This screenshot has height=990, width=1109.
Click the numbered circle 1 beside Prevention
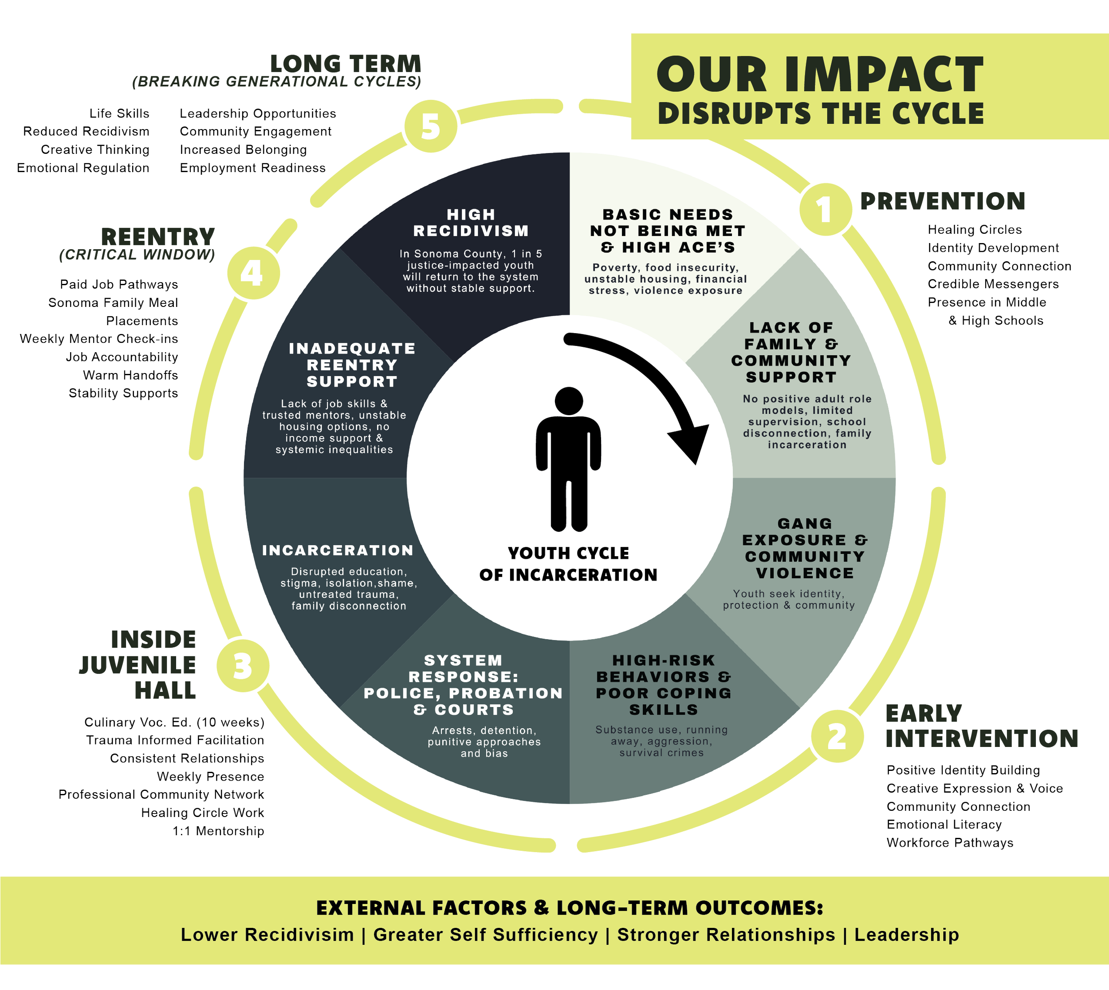[x=825, y=209]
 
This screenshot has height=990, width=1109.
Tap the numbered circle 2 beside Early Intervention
[x=837, y=737]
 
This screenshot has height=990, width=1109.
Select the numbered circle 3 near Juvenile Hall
[x=243, y=666]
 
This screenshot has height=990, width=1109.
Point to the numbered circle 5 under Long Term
[x=430, y=127]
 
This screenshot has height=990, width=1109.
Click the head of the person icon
[x=569, y=401]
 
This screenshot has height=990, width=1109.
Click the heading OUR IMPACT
[x=820, y=75]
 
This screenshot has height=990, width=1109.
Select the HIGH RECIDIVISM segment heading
[x=471, y=223]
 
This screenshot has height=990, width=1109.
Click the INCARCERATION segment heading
[x=338, y=550]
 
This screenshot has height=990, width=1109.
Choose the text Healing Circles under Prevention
[x=975, y=230]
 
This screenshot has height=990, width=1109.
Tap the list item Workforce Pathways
[x=950, y=843]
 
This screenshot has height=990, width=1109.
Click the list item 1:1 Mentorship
[x=218, y=831]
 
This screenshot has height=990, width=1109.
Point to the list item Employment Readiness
[x=252, y=168]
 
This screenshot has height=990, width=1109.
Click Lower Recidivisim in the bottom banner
[x=267, y=935]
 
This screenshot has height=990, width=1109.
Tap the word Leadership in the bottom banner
[x=906, y=935]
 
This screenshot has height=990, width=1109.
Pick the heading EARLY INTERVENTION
[x=981, y=726]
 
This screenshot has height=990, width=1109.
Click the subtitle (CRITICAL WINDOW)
[x=137, y=255]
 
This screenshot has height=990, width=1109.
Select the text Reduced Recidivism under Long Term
[x=86, y=132]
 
